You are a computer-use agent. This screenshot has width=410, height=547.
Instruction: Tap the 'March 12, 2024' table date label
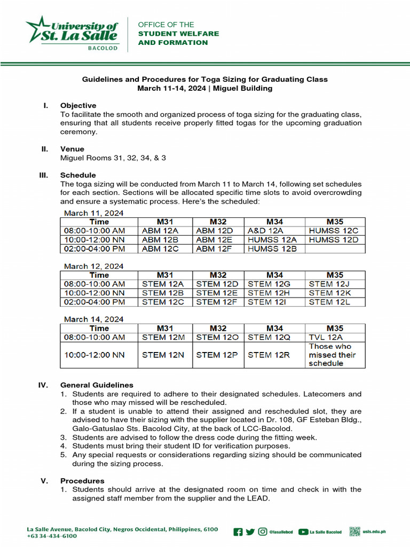pyautogui.click(x=93, y=266)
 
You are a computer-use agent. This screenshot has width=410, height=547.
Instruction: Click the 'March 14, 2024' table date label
pyautogui.click(x=93, y=319)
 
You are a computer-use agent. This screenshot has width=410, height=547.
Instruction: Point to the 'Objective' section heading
pyautogui.click(x=78, y=106)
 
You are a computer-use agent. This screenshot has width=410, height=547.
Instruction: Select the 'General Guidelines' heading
pyautogui.click(x=97, y=385)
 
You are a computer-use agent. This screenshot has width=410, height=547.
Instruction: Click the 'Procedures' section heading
pyautogui.click(x=82, y=481)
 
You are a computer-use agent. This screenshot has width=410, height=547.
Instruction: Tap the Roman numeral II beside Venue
pyautogui.click(x=45, y=149)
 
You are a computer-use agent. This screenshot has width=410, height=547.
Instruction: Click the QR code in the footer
pyautogui.click(x=355, y=531)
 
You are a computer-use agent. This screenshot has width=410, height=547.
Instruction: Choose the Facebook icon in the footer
pyautogui.click(x=238, y=532)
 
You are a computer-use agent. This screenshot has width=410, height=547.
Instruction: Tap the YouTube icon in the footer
pyautogui.click(x=303, y=532)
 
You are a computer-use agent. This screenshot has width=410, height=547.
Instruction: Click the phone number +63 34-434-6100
pyautogui.click(x=52, y=536)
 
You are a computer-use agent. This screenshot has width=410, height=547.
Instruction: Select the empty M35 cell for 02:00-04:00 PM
pyautogui.click(x=335, y=249)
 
